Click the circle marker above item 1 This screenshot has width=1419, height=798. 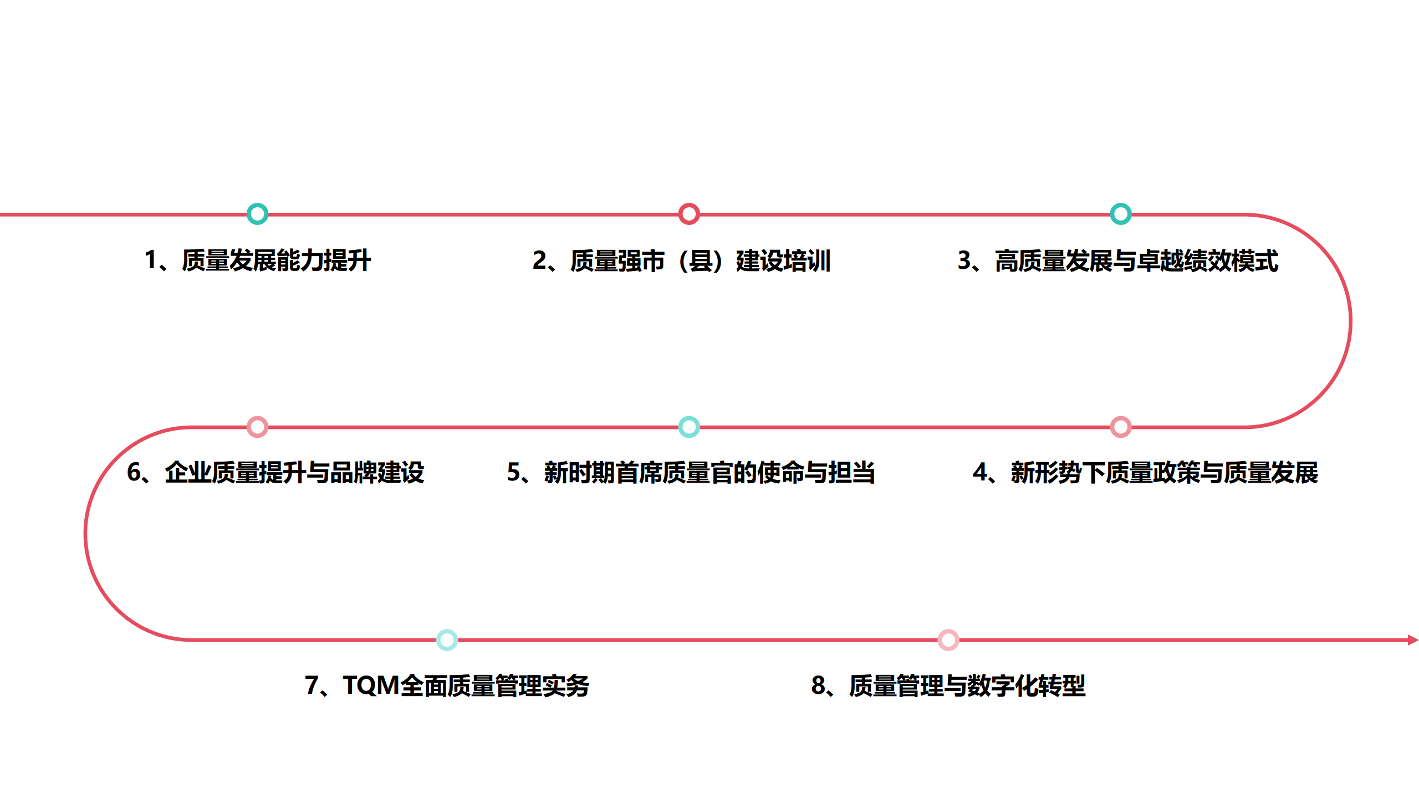(x=257, y=214)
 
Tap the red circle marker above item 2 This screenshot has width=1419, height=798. (x=689, y=214)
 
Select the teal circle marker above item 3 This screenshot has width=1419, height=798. (x=1120, y=214)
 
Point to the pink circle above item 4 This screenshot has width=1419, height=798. (x=1120, y=427)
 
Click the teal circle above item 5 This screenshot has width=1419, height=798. (x=689, y=427)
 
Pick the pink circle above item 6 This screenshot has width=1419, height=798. (x=257, y=427)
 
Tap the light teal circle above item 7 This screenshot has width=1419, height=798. (x=447, y=640)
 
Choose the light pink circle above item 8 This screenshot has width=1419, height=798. (x=948, y=640)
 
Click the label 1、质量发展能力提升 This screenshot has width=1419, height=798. (x=258, y=260)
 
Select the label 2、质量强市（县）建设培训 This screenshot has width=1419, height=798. (x=681, y=261)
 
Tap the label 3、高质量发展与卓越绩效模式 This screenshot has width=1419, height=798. (x=1117, y=261)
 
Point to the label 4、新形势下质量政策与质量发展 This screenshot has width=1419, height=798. (x=1145, y=473)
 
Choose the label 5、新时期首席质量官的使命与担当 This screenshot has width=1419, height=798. (x=691, y=473)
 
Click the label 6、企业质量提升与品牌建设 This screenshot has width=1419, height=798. (x=275, y=473)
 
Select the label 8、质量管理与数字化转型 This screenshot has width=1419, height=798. (x=948, y=686)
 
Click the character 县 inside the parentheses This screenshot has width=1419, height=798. (x=701, y=261)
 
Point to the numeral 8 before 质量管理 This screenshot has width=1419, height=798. (x=818, y=686)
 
